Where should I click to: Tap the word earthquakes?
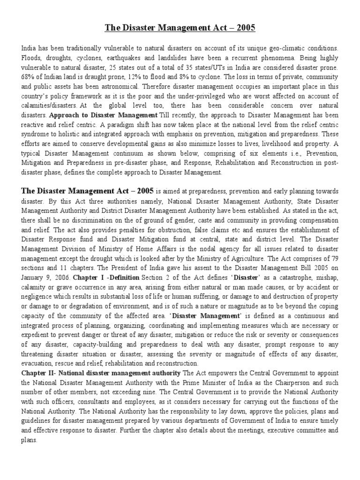[127, 58]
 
